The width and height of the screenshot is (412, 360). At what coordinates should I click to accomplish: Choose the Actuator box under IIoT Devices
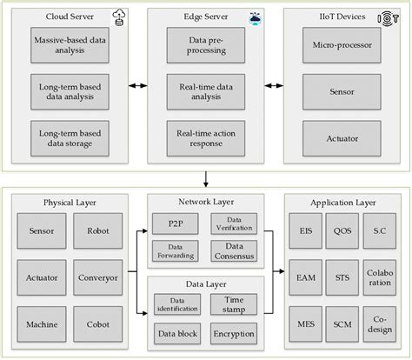point(342,137)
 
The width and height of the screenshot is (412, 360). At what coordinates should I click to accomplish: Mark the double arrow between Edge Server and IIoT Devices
point(274,87)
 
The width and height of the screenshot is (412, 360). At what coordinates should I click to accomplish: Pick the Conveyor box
point(97,278)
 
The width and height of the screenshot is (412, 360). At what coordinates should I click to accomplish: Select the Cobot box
point(97,323)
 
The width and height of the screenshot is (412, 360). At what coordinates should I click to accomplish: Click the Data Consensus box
point(232,252)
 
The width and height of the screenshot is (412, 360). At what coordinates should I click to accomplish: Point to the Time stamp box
point(232,303)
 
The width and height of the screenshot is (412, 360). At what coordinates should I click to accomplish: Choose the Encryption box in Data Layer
point(232,332)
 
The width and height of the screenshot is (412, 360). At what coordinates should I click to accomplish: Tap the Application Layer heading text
point(342,203)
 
